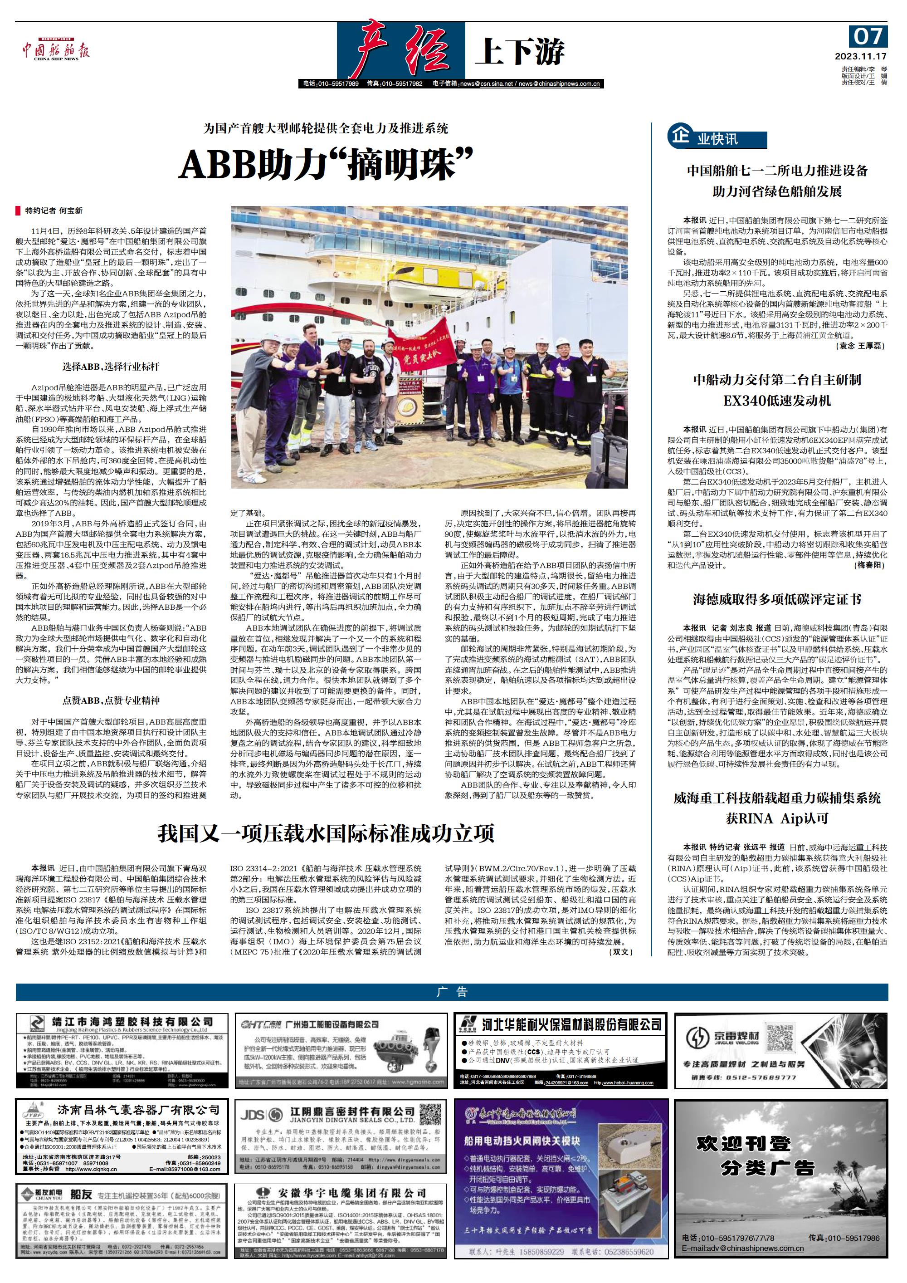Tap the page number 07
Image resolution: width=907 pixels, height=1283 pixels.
point(868,37)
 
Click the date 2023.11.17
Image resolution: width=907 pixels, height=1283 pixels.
point(861,56)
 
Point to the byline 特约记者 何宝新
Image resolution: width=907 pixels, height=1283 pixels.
point(54,211)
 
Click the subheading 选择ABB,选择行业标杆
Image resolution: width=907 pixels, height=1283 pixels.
point(111,367)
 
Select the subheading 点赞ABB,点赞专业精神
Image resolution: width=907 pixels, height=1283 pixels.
point(111,700)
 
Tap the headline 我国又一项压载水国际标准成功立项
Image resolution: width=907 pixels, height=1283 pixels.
point(326,834)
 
